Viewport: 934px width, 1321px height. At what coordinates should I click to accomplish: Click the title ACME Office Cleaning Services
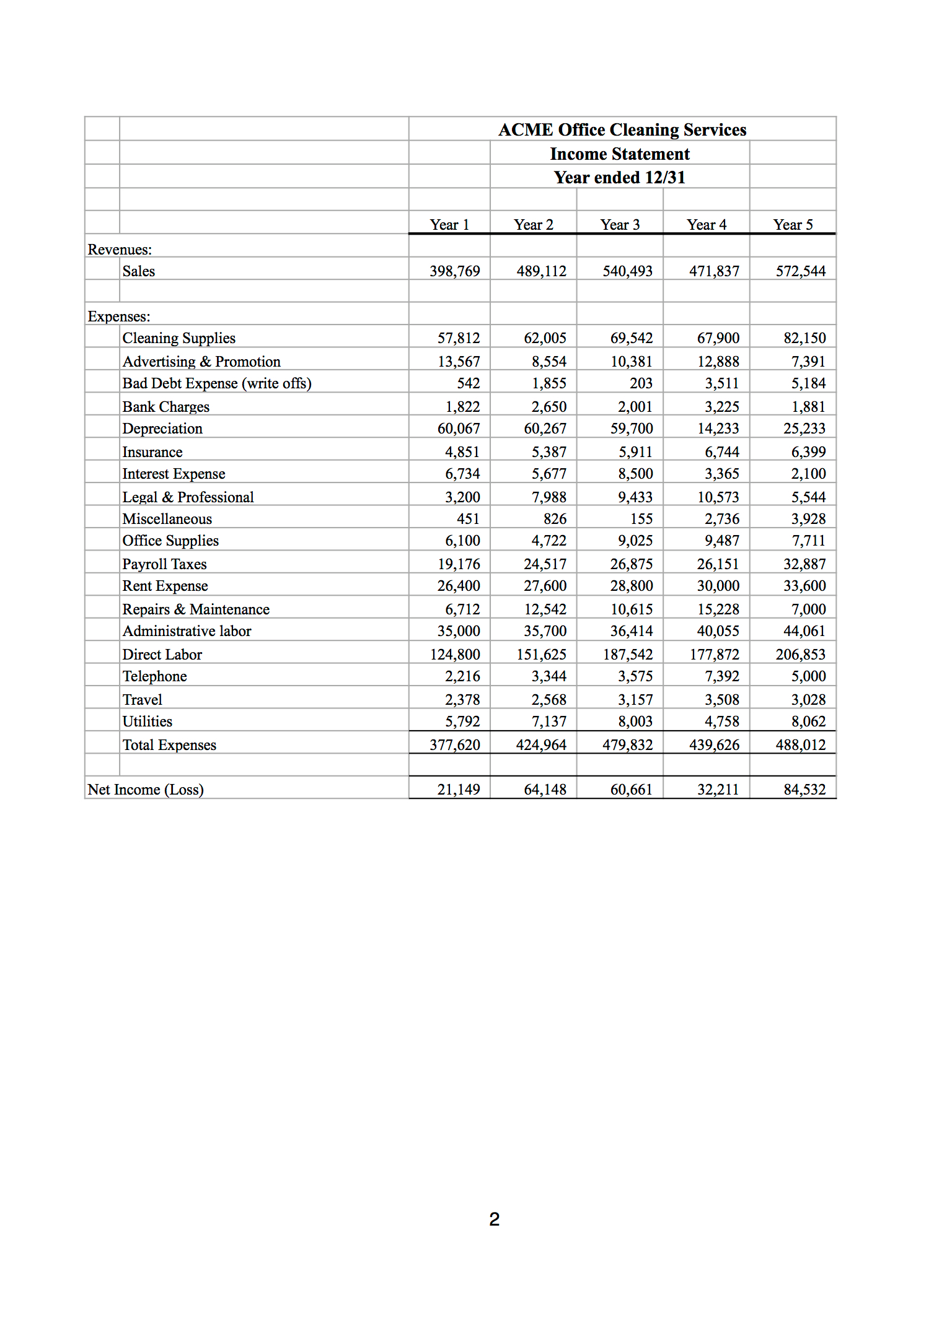(x=622, y=130)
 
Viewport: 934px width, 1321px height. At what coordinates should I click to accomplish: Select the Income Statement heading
(x=620, y=154)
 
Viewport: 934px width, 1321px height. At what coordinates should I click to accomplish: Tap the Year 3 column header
(x=620, y=225)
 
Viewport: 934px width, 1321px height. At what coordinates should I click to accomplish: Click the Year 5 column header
(x=793, y=225)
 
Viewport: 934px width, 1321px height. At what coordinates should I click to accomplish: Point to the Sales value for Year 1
(x=454, y=271)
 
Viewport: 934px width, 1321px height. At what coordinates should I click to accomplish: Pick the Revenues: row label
(x=120, y=250)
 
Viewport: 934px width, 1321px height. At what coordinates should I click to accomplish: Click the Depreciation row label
(x=162, y=429)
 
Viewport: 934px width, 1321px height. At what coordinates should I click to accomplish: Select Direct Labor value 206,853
(x=800, y=655)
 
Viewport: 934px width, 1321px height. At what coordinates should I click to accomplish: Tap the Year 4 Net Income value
(x=718, y=790)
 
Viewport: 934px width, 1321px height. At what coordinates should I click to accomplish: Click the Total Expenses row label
(x=169, y=745)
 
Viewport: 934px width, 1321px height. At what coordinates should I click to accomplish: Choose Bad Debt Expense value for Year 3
(x=641, y=383)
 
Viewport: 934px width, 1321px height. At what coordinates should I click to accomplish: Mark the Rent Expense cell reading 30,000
(x=718, y=586)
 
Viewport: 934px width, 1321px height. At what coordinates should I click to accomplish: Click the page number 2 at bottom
(x=494, y=1219)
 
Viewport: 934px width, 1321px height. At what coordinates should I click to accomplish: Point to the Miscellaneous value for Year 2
(x=555, y=519)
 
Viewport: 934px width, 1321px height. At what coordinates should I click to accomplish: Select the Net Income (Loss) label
(x=146, y=790)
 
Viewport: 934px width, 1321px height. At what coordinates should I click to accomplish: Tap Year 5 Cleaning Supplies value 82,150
(x=804, y=338)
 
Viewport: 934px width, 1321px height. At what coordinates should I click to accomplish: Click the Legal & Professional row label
(x=188, y=497)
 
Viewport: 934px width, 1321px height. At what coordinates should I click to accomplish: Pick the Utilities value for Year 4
(x=721, y=722)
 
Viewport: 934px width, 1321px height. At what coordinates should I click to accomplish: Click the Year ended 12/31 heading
(x=620, y=178)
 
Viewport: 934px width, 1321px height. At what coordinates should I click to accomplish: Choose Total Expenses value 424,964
(x=541, y=745)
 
